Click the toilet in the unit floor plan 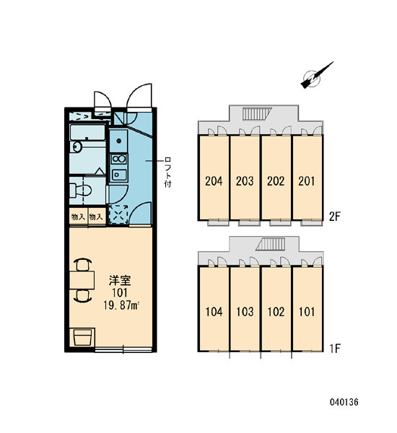[80, 191]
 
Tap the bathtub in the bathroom [87, 133]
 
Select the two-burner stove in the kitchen [119, 159]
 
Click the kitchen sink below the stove [119, 175]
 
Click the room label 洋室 [120, 280]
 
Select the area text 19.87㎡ [121, 305]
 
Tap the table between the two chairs [82, 280]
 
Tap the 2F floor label [335, 216]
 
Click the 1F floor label [335, 349]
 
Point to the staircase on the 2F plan [257, 114]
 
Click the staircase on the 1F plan [271, 245]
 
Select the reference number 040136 [344, 402]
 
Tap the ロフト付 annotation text [167, 172]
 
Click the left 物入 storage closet [78, 217]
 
